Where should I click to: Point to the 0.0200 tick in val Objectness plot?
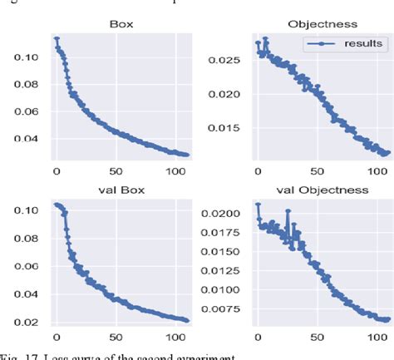(x=218, y=214)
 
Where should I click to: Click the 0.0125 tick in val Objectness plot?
(x=218, y=272)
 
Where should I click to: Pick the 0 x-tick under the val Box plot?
(x=56, y=338)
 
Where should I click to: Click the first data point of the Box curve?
(x=57, y=38)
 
